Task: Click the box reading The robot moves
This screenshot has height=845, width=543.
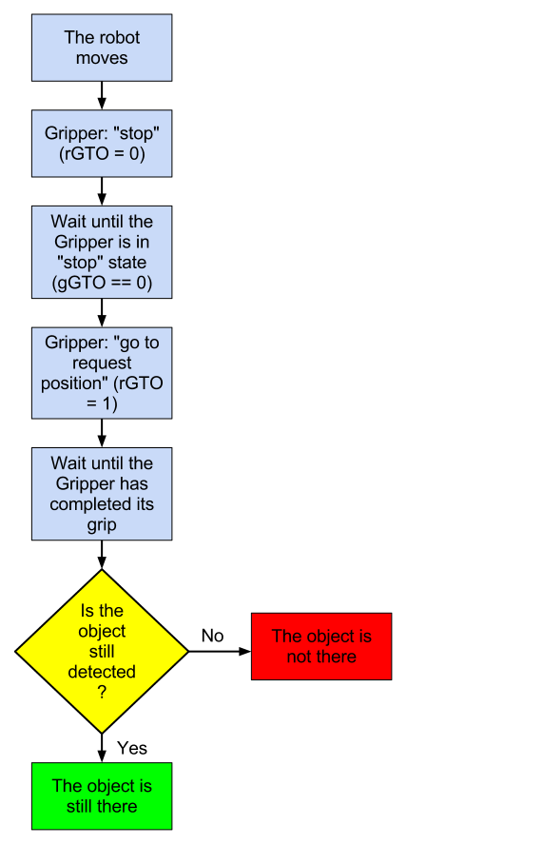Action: (x=102, y=48)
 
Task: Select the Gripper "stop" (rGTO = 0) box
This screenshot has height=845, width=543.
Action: (x=102, y=144)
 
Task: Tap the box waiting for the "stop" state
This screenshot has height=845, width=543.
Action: (x=102, y=252)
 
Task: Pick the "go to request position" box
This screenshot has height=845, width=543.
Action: (x=102, y=373)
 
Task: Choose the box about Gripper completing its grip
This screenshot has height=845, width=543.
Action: (x=102, y=494)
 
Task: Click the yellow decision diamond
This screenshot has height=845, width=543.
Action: (x=102, y=652)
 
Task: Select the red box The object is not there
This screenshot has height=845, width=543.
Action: (x=321, y=646)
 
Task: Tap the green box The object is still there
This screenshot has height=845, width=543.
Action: (x=102, y=796)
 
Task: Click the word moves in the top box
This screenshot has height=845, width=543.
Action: (x=102, y=58)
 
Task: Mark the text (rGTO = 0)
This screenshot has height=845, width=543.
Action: (x=102, y=154)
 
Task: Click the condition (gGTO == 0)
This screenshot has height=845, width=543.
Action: (x=102, y=284)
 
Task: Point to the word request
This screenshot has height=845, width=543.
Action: (x=102, y=363)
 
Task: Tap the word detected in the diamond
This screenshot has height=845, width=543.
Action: (x=102, y=672)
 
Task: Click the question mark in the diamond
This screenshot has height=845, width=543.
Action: (x=102, y=693)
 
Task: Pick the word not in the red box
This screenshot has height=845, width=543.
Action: (x=300, y=657)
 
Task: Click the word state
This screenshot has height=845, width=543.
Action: (x=127, y=263)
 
